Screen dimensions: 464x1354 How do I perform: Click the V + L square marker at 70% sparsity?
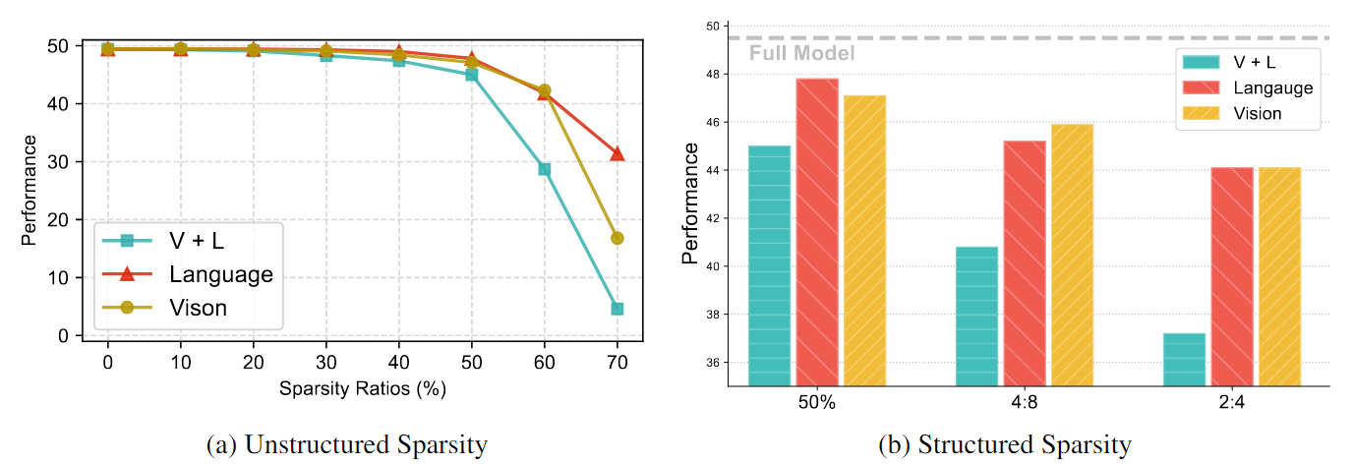(x=617, y=309)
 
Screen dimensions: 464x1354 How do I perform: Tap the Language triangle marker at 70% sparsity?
(x=617, y=153)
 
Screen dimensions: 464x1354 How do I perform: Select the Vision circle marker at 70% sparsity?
(x=617, y=238)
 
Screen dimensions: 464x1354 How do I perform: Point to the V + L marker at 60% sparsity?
(x=544, y=169)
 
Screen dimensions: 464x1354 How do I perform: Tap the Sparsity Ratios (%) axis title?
(x=362, y=388)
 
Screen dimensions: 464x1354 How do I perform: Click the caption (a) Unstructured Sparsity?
(x=347, y=444)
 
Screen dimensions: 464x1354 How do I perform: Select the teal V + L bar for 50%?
(x=769, y=265)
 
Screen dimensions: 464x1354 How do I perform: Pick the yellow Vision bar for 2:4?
(x=1279, y=276)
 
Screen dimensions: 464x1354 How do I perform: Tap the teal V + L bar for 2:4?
(x=1184, y=359)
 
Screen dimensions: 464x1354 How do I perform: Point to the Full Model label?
(x=801, y=54)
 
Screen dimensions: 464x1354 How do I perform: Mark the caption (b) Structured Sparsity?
(x=1004, y=444)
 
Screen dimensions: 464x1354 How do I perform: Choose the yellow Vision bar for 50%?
(x=864, y=240)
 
